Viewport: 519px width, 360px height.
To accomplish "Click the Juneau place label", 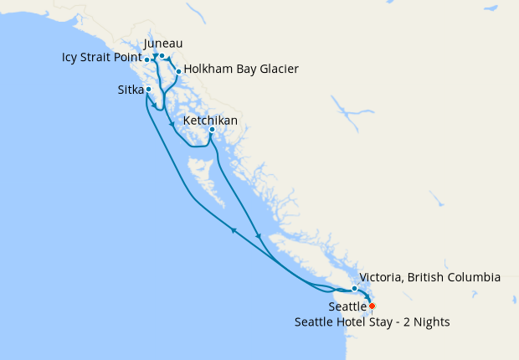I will pyautogui.click(x=163, y=43).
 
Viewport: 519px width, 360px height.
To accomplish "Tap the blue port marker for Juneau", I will pyautogui.click(x=162, y=56).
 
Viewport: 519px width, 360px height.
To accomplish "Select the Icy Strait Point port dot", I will pyautogui.click(x=147, y=59).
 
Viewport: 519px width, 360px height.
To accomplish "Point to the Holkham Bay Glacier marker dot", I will pyautogui.click(x=178, y=72).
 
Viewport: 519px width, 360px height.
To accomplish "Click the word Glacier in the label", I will pyautogui.click(x=277, y=69).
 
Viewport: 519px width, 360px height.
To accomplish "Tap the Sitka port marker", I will pyautogui.click(x=148, y=90).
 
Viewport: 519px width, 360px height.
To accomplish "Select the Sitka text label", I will pyautogui.click(x=130, y=89).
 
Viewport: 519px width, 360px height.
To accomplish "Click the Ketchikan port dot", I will pyautogui.click(x=212, y=130).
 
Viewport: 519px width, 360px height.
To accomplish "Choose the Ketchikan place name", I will pyautogui.click(x=210, y=121).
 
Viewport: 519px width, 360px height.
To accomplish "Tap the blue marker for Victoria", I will pyautogui.click(x=355, y=289).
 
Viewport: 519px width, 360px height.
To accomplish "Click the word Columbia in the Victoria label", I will pyautogui.click(x=472, y=277).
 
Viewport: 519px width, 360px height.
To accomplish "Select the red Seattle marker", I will pyautogui.click(x=373, y=306).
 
